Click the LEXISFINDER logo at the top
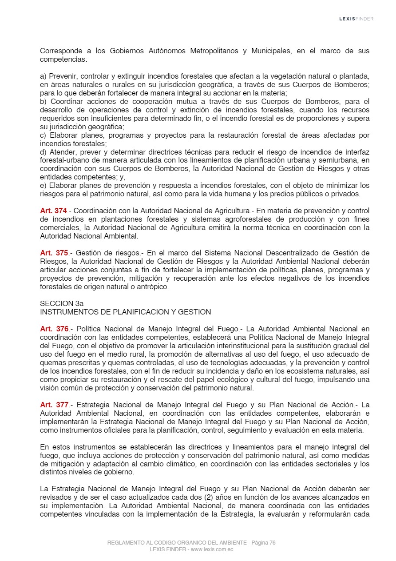(356, 19)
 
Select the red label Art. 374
(53, 211)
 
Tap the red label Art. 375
(53, 253)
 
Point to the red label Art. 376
(53, 329)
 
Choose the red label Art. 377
(53, 405)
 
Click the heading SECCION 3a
(62, 304)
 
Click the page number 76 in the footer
(272, 543)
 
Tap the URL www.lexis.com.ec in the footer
(212, 549)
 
